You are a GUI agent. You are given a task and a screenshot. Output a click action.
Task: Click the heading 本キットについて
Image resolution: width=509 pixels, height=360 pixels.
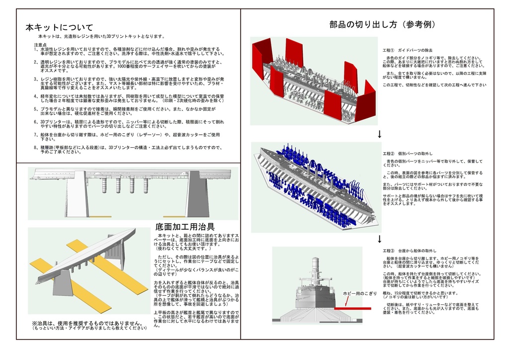coord(59,27)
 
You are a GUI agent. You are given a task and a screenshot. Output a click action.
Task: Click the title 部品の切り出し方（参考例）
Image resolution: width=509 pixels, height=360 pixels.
coord(383,25)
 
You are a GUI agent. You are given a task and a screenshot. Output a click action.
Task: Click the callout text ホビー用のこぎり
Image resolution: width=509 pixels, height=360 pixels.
coord(360,293)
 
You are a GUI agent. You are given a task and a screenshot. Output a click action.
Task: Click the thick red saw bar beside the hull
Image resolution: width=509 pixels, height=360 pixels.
coord(352,309)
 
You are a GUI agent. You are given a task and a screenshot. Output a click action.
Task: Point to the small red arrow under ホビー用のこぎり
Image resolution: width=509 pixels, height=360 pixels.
coord(346,301)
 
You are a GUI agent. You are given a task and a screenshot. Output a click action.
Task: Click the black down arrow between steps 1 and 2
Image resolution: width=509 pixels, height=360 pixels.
coord(380,134)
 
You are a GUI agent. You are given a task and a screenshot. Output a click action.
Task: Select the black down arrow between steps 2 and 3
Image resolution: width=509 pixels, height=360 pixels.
coord(380,239)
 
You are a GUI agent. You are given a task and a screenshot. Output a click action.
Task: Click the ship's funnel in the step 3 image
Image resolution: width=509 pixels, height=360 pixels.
coord(315,269)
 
